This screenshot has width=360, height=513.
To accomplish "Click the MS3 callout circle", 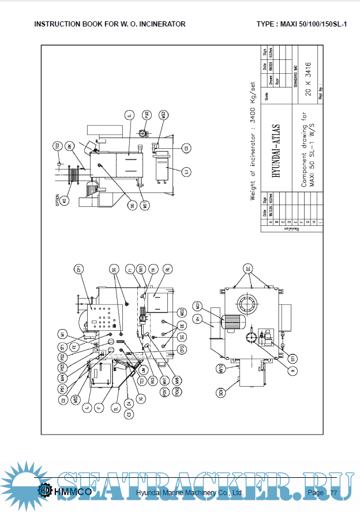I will click(164, 115).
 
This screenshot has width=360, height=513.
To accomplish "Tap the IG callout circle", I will click(142, 398).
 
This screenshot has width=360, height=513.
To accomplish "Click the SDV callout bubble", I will click(220, 394).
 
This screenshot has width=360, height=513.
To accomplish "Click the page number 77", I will click(333, 493).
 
